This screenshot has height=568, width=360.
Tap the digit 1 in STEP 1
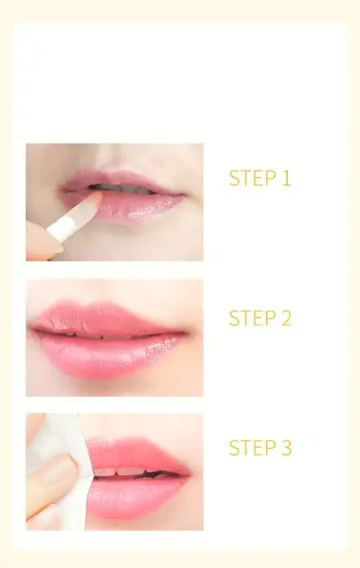coord(286,179)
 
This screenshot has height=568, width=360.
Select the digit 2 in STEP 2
coord(286,318)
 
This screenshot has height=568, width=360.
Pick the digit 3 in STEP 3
coord(286,447)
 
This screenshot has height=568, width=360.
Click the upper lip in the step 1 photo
coord(123,179)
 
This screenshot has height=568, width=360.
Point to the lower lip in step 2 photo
coord(109,357)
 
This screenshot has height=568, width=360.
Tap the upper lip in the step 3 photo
coord(138,453)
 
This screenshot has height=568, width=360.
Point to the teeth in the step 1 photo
coord(123,189)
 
